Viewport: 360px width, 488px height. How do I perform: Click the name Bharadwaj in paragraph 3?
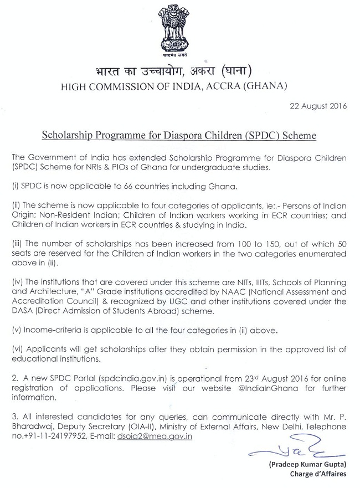coord(33,428)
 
